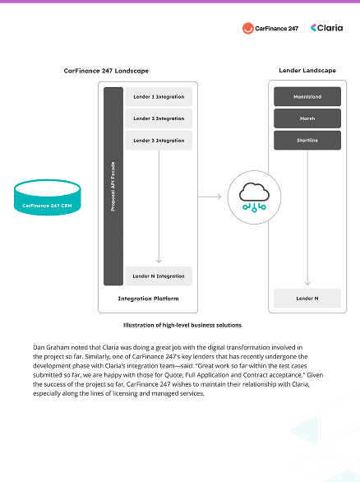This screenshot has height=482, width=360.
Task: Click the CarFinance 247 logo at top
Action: click(270, 28)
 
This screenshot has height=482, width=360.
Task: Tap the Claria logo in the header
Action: click(325, 28)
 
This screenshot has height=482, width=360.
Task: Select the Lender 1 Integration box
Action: click(159, 97)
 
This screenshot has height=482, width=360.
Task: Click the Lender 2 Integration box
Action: click(159, 118)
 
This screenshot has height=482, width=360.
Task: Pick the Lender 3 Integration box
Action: click(159, 140)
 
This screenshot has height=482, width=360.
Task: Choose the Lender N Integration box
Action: click(159, 276)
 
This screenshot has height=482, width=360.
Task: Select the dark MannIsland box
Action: click(307, 96)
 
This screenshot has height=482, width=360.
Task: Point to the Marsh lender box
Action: click(307, 118)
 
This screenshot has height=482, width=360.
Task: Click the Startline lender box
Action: click(307, 140)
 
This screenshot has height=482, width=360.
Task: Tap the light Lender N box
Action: click(307, 297)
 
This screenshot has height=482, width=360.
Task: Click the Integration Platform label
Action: click(149, 298)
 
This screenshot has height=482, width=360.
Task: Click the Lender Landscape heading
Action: click(307, 72)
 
